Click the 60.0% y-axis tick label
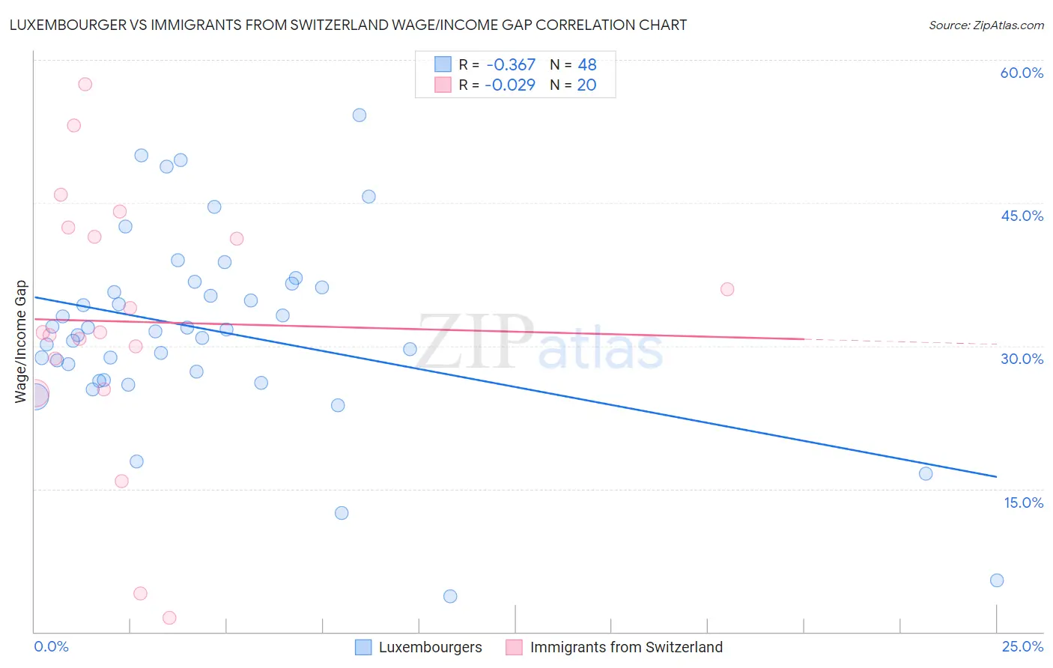click(1022, 73)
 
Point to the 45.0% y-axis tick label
click(1022, 216)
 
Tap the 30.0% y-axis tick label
click(1022, 359)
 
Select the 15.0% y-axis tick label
click(1023, 502)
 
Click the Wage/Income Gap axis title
click(21, 341)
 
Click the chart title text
click(348, 25)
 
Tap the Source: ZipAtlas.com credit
click(986, 25)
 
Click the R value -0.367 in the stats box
click(510, 65)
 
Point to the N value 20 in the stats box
click(586, 85)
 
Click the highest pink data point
click(85, 84)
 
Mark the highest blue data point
click(359, 115)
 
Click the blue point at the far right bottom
click(997, 580)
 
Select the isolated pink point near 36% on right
click(727, 289)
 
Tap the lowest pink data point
click(169, 618)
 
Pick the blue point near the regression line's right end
click(926, 473)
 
